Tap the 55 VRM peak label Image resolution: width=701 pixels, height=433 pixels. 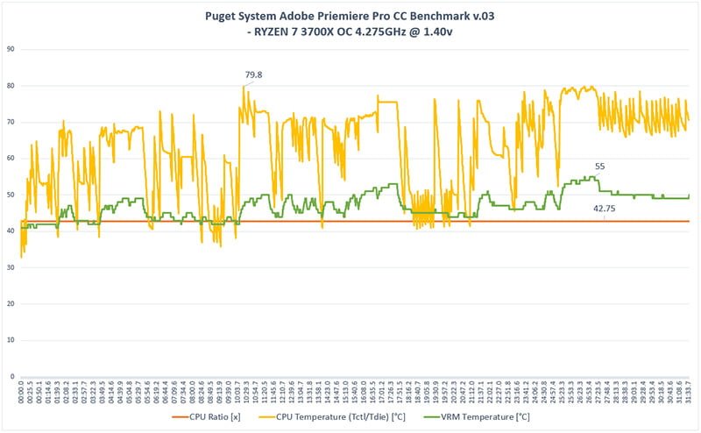[x=599, y=166]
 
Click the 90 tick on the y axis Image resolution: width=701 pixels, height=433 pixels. [x=11, y=49]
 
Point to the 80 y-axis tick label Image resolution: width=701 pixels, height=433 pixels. [x=11, y=86]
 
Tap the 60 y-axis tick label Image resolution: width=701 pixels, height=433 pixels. [x=11, y=159]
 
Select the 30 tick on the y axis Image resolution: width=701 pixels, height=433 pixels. [x=11, y=267]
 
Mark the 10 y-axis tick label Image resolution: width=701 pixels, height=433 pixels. [x=11, y=340]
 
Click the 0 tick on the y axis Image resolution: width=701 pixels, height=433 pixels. [x=13, y=376]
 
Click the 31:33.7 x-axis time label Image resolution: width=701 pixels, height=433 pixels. [x=689, y=390]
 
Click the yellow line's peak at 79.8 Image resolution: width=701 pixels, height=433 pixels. [x=244, y=86]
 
